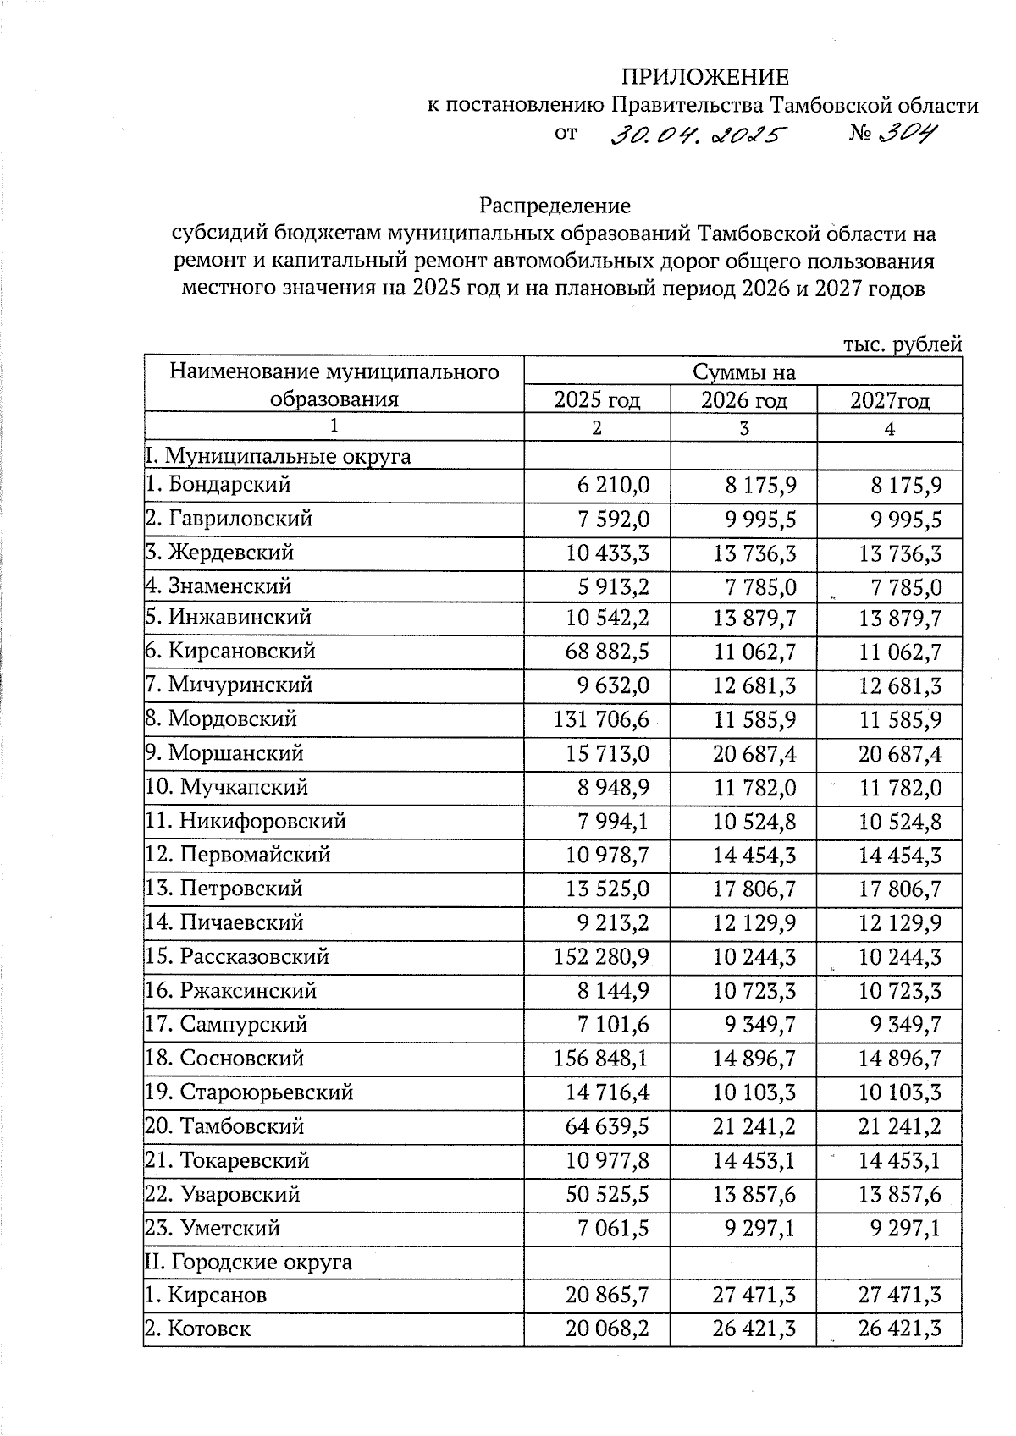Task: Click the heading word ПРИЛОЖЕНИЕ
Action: pyautogui.click(x=704, y=78)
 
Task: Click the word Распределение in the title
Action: pyautogui.click(x=555, y=206)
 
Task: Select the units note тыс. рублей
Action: pyautogui.click(x=903, y=344)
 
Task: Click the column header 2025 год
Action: pyautogui.click(x=597, y=400)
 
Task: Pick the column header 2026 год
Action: pyautogui.click(x=743, y=400)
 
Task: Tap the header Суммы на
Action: pyautogui.click(x=743, y=372)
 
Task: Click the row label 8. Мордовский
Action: pyautogui.click(x=221, y=719)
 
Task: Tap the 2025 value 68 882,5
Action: pyautogui.click(x=607, y=652)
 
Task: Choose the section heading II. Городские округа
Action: pyautogui.click(x=248, y=1263)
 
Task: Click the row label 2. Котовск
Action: pyautogui.click(x=197, y=1329)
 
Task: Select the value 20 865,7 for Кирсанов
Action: pyautogui.click(x=607, y=1296)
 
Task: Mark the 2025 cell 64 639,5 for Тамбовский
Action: pyautogui.click(x=607, y=1127)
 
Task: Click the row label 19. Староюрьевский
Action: pyautogui.click(x=248, y=1092)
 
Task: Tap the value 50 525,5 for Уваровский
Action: pyautogui.click(x=607, y=1195)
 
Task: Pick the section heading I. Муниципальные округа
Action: pyautogui.click(x=278, y=457)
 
